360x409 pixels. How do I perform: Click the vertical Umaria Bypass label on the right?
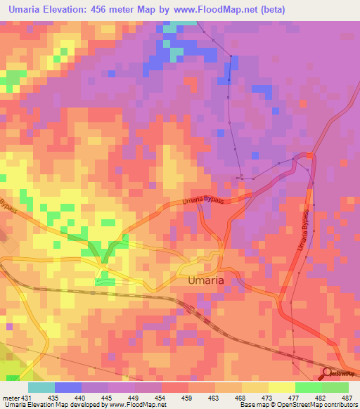click(304, 231)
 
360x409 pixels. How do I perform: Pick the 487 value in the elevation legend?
click(347, 397)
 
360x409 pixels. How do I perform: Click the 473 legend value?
click(268, 397)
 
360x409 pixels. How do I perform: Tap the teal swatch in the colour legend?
click(41, 387)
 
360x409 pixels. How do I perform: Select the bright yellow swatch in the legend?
click(281, 387)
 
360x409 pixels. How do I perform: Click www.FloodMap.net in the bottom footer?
click(137, 405)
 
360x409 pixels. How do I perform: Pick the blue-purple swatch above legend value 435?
click(67, 387)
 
